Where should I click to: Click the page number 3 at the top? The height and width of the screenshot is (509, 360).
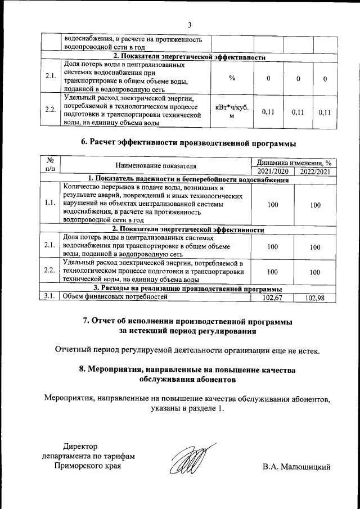[190, 25]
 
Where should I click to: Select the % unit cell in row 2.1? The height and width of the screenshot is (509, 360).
[232, 78]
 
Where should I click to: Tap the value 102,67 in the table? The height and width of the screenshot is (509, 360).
[272, 298]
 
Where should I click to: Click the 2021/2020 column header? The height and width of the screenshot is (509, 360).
[272, 171]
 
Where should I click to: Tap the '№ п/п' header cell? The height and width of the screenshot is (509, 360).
[49, 166]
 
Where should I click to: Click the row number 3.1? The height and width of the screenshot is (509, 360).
[49, 297]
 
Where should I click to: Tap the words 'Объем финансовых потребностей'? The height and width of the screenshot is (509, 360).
[115, 297]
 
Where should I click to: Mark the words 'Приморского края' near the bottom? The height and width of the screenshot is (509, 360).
[87, 466]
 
